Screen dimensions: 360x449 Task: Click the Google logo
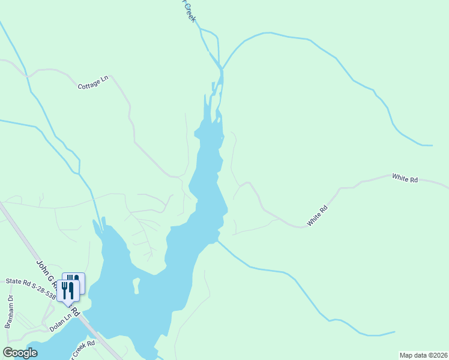tap(20, 353)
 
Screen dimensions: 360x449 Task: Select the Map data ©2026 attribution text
tap(423, 355)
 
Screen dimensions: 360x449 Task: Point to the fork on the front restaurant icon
tap(64, 290)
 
